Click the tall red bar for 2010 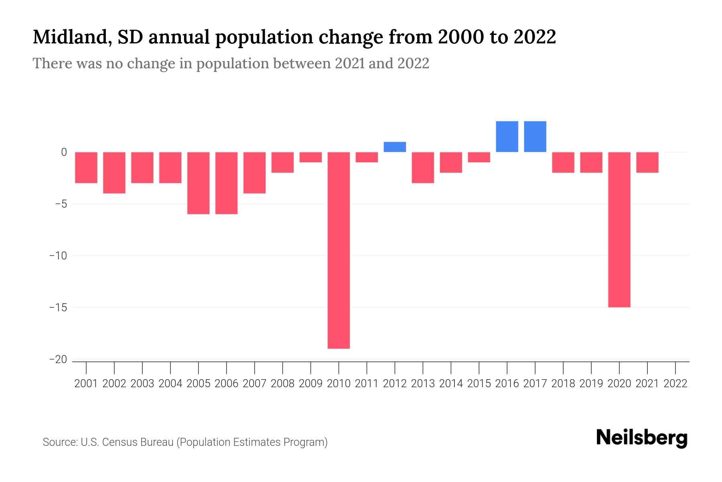point(339,250)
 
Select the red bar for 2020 point(619,229)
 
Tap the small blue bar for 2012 point(395,147)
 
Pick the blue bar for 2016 point(507,137)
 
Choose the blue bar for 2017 point(535,137)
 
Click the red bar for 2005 point(199,183)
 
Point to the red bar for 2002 point(114,173)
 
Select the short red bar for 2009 point(310,157)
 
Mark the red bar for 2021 point(647,162)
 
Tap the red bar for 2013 point(423,167)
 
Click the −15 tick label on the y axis point(58,308)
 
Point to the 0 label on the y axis point(64,152)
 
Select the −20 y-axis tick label point(58,359)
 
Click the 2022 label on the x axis point(675,384)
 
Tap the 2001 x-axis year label point(86,384)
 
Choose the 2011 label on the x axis point(367,384)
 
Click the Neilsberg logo point(642,438)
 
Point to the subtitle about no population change point(231,63)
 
